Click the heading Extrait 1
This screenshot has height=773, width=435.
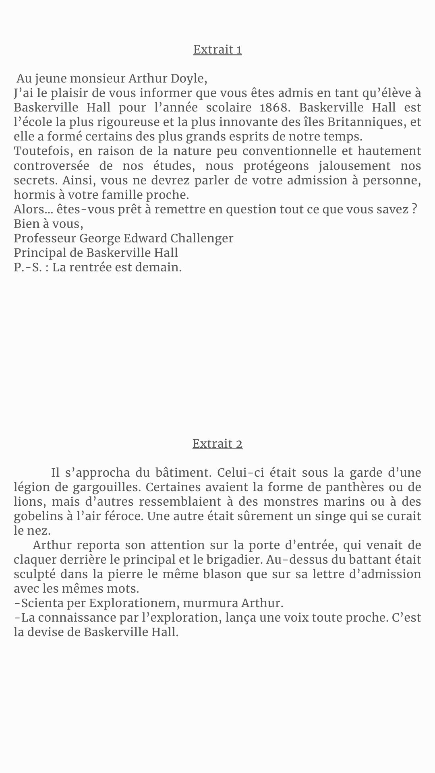217,50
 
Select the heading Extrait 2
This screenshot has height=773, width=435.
217,444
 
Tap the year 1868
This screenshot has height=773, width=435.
272,107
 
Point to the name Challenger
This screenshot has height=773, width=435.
202,238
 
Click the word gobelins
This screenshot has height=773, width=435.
36,516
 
